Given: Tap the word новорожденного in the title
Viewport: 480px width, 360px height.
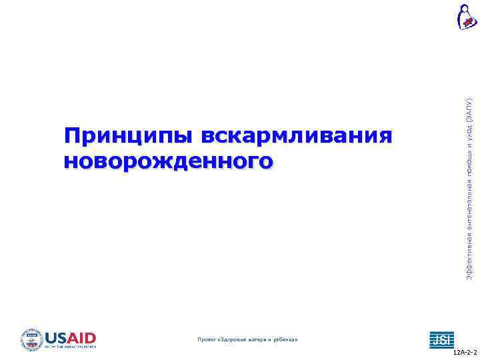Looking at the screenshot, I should click(169, 161).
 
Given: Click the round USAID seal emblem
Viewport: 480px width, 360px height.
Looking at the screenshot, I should click(31, 339).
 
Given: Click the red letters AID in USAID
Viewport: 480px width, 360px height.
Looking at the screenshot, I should click(83, 337).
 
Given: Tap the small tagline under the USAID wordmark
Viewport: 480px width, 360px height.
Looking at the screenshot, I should click(71, 347).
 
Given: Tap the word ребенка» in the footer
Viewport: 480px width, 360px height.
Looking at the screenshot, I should click(283, 339).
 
